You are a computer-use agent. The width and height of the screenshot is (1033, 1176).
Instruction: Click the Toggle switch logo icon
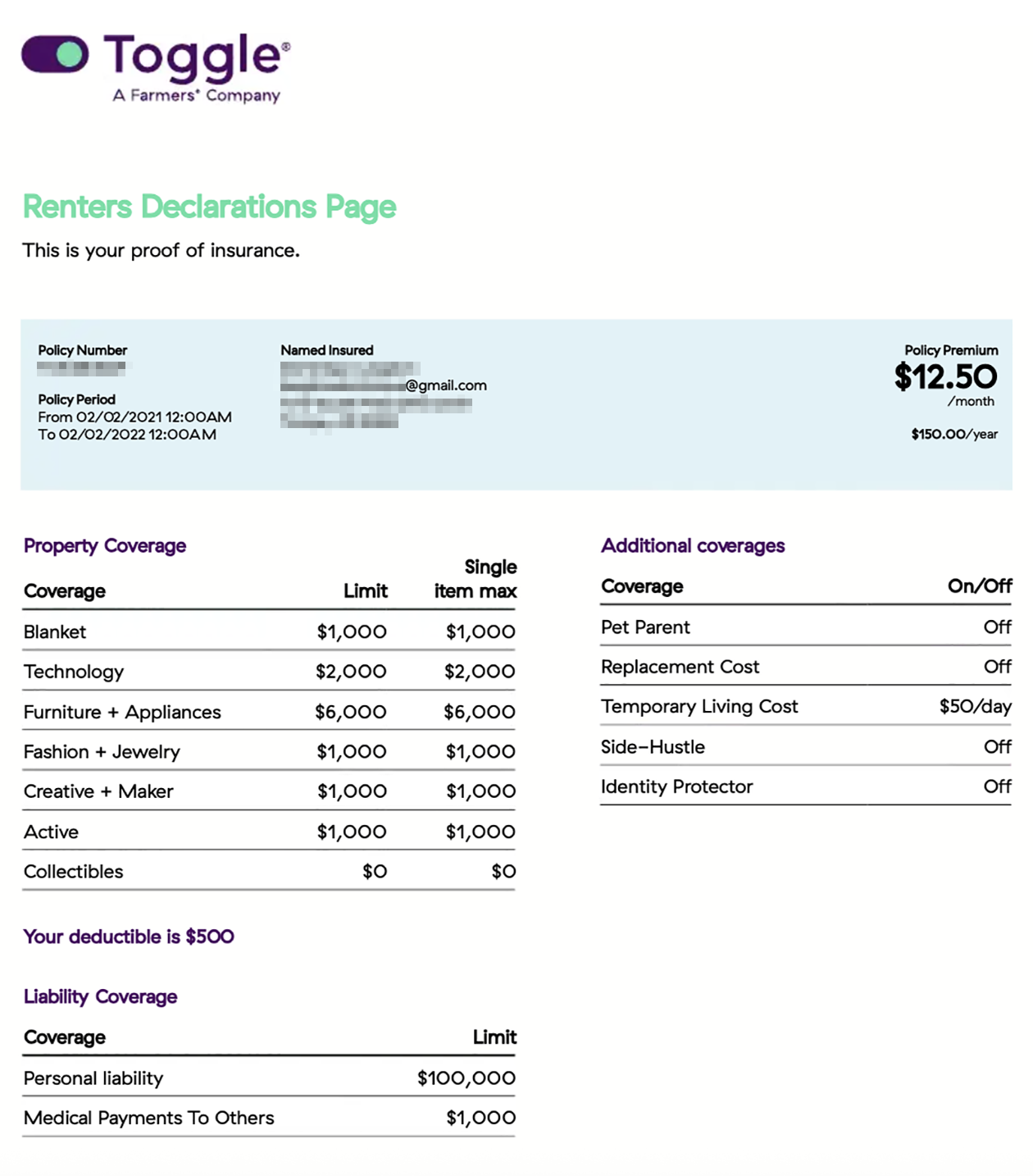(x=55, y=54)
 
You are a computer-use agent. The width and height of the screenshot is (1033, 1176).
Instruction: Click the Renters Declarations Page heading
(x=209, y=207)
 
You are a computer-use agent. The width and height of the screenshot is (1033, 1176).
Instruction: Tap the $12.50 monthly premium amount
(x=945, y=376)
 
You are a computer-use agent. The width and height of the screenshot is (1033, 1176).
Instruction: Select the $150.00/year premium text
(x=954, y=434)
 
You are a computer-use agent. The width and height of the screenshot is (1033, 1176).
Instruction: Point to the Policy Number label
(x=82, y=350)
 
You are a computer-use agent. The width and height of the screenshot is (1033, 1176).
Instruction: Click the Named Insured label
(x=326, y=350)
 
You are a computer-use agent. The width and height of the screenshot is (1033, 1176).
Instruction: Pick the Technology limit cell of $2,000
(x=351, y=672)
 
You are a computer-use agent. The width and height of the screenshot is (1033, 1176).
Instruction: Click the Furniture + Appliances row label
(x=122, y=712)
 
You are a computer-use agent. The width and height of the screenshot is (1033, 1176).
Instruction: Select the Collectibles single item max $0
(x=503, y=871)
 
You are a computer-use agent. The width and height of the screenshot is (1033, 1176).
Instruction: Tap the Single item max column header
(x=476, y=579)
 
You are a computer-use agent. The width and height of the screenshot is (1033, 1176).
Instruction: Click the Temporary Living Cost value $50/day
(x=975, y=706)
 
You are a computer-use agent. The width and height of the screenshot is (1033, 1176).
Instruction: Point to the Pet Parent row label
(x=645, y=627)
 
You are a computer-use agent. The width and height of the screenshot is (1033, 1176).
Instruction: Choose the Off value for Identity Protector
(x=997, y=786)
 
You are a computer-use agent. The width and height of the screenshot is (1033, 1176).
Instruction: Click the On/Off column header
(x=979, y=586)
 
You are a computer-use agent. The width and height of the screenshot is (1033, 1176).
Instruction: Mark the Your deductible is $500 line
(x=129, y=937)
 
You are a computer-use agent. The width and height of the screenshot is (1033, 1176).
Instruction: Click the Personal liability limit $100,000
(x=466, y=1078)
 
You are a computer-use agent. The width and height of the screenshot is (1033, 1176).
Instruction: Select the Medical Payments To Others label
(x=148, y=1118)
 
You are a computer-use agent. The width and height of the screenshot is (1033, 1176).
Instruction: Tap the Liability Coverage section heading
(x=100, y=996)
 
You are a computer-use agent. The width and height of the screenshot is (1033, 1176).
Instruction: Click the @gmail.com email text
(x=446, y=385)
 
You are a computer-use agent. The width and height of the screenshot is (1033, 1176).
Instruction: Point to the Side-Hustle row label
(x=653, y=747)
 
